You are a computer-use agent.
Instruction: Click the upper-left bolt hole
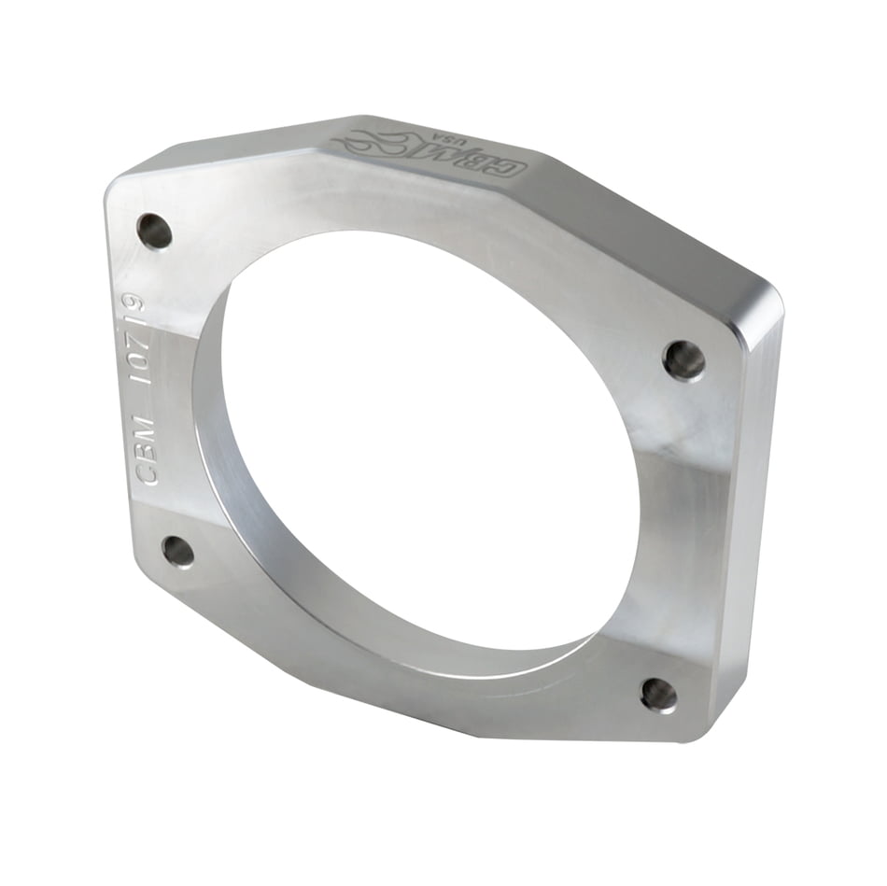click(x=155, y=231)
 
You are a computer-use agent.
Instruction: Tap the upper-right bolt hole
click(x=684, y=360)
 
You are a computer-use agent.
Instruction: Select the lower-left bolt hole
click(x=178, y=551)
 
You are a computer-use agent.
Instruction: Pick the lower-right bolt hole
click(x=659, y=695)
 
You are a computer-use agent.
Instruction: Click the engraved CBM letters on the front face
click(x=147, y=451)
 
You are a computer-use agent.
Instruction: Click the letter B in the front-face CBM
click(x=147, y=450)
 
